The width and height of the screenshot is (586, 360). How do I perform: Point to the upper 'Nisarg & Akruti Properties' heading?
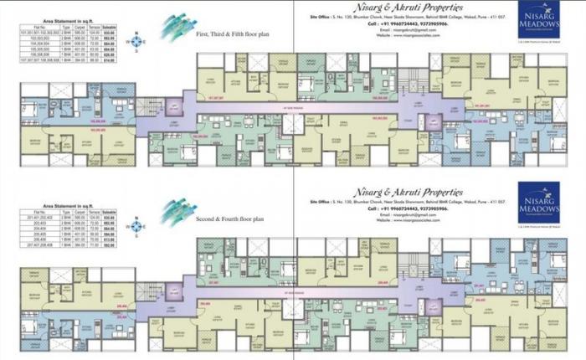coord(408,8)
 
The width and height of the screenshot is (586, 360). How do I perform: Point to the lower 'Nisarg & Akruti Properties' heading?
coord(408,192)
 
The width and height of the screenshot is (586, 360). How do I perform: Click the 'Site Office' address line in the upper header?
coord(408,17)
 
